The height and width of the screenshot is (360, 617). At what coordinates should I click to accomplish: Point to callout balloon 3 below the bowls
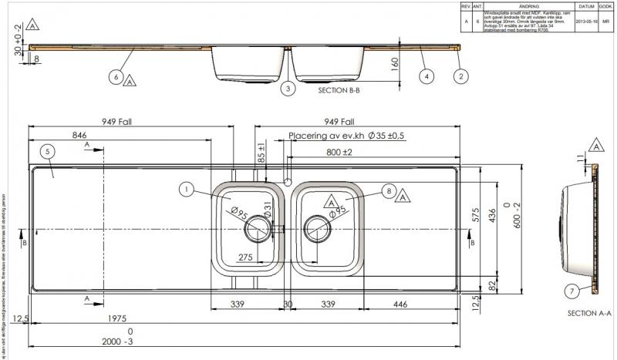(288, 89)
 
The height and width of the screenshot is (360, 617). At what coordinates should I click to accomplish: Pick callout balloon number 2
(460, 76)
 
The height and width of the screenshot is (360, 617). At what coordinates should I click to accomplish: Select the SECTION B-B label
(339, 90)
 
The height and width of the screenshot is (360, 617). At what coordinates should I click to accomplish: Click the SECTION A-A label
(588, 313)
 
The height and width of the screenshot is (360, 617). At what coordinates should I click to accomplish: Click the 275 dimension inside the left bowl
(245, 257)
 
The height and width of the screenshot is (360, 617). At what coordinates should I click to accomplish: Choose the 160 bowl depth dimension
(396, 63)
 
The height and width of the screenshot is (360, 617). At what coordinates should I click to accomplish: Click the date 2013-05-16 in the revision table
(586, 22)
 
